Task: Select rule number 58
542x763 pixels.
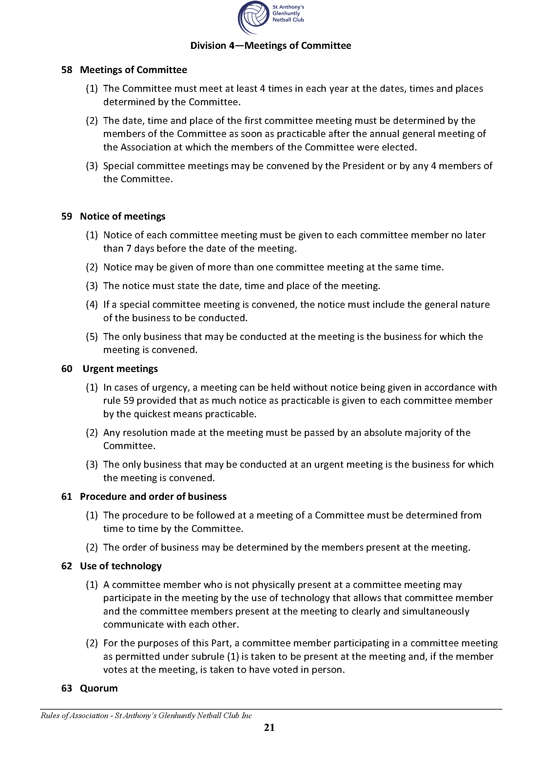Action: point(67,70)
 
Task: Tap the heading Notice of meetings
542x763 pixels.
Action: point(123,216)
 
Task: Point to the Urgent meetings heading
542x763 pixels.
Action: point(120,368)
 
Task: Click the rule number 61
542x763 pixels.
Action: point(67,496)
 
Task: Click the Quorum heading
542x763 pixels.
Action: point(99,688)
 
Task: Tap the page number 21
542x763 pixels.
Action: point(269,727)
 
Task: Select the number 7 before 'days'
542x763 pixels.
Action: point(129,249)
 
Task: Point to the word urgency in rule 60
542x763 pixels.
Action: point(170,387)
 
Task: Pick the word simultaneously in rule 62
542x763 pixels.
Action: point(436,611)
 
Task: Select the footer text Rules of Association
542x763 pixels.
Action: point(74,715)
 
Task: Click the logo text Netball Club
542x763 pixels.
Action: point(288,20)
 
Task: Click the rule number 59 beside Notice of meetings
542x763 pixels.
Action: point(67,216)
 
